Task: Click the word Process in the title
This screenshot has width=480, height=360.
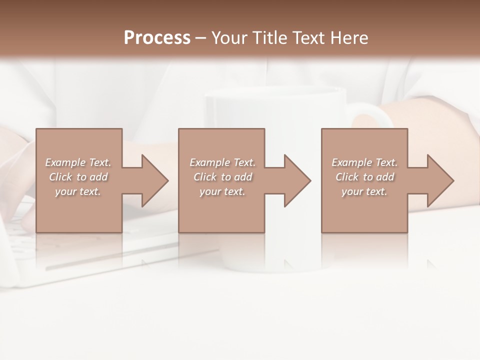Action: coord(157,38)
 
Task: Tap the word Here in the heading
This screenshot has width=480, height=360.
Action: coord(349,38)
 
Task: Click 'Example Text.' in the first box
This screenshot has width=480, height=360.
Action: coord(78,162)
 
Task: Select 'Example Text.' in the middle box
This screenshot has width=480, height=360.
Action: coord(222,162)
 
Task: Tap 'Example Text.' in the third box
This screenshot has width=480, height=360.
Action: coord(364,162)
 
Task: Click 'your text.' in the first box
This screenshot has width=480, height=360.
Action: coord(78,191)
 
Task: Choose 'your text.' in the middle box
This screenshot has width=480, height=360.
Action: coord(222,191)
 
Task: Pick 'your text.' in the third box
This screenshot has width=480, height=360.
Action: coord(364,191)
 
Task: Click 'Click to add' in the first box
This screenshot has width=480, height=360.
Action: coord(78,177)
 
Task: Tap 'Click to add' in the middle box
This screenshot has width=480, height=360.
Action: coord(222,177)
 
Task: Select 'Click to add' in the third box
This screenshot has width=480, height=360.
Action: coord(364,177)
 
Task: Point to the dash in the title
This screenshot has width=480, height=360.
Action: coord(200,38)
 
